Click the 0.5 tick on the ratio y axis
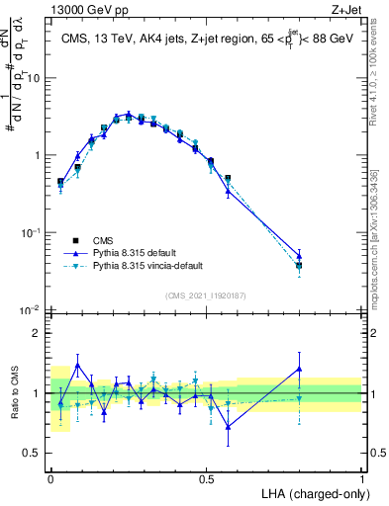coord(34,455)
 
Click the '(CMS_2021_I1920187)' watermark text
coord(207,295)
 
